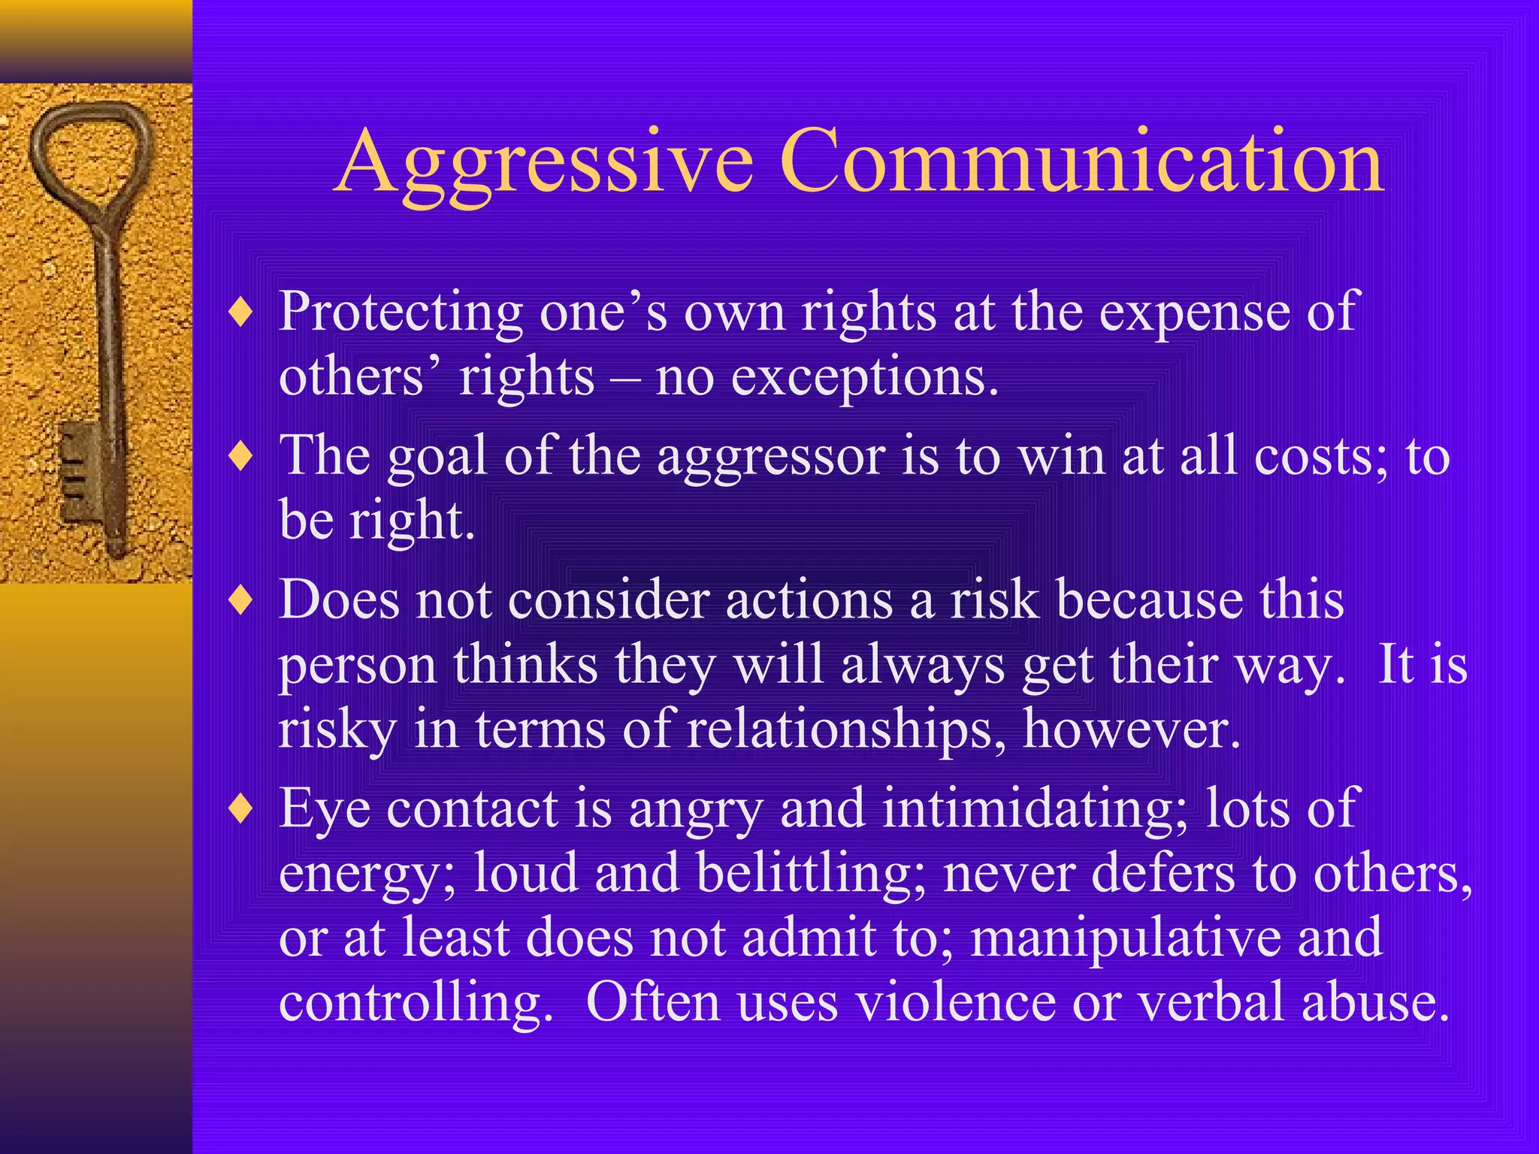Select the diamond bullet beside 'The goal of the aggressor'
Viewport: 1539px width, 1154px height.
click(241, 456)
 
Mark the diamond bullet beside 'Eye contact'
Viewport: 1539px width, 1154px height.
click(241, 809)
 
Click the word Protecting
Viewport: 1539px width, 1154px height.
click(401, 312)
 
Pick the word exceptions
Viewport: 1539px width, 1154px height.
click(864, 378)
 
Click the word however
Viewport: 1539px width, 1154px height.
click(1131, 730)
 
